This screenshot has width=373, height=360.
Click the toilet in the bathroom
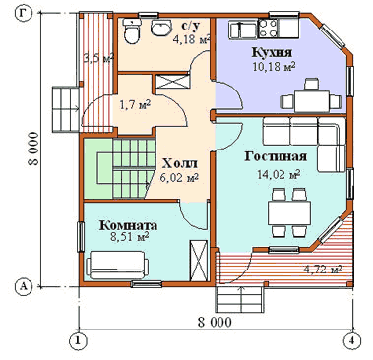tap(132, 31)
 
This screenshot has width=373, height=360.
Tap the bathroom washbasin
tap(161, 27)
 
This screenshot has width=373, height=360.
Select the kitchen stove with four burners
tap(268, 28)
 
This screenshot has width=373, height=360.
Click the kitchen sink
tap(244, 30)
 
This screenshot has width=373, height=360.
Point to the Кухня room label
tap(272, 52)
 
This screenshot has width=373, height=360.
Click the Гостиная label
tap(276, 156)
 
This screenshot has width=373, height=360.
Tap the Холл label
tap(180, 163)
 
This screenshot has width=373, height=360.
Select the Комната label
tap(129, 225)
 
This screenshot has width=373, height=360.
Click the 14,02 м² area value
tap(279, 174)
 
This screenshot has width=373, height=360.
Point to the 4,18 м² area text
tap(191, 39)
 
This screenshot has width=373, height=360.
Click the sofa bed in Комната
tap(117, 265)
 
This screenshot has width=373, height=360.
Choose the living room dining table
tap(289, 212)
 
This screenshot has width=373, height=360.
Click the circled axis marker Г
tap(24, 13)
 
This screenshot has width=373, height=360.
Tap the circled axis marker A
tap(24, 287)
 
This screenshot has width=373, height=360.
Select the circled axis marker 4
tap(351, 340)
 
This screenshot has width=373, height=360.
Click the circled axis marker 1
tap(79, 340)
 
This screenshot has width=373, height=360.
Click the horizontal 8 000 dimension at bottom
tap(215, 322)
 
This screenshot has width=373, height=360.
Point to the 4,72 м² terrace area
tap(323, 270)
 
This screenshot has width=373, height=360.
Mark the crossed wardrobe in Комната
tap(199, 261)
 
